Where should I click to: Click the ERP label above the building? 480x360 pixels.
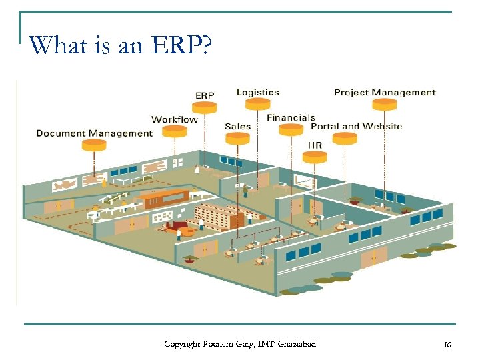[x=205, y=95]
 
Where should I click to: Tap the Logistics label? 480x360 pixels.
[x=258, y=92]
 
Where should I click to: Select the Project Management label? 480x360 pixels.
[x=385, y=93]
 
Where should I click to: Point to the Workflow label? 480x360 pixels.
[x=175, y=119]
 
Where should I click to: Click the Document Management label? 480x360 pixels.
[x=94, y=133]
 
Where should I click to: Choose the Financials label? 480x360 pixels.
[x=291, y=117]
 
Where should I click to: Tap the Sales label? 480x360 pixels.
[x=237, y=127]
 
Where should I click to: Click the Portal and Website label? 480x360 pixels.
[x=357, y=126]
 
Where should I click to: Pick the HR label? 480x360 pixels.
[x=315, y=144]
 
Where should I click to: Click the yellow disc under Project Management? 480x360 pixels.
[x=384, y=104]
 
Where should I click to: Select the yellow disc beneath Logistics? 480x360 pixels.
[x=257, y=103]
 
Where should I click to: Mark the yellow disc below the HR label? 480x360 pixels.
[x=315, y=157]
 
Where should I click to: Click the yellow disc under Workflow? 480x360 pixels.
[x=175, y=131]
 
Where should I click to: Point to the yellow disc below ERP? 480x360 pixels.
[x=204, y=106]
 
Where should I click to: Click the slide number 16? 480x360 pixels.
[x=447, y=344]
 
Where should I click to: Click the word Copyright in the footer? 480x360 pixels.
[x=182, y=344]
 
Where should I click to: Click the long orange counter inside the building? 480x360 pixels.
[x=163, y=197]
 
